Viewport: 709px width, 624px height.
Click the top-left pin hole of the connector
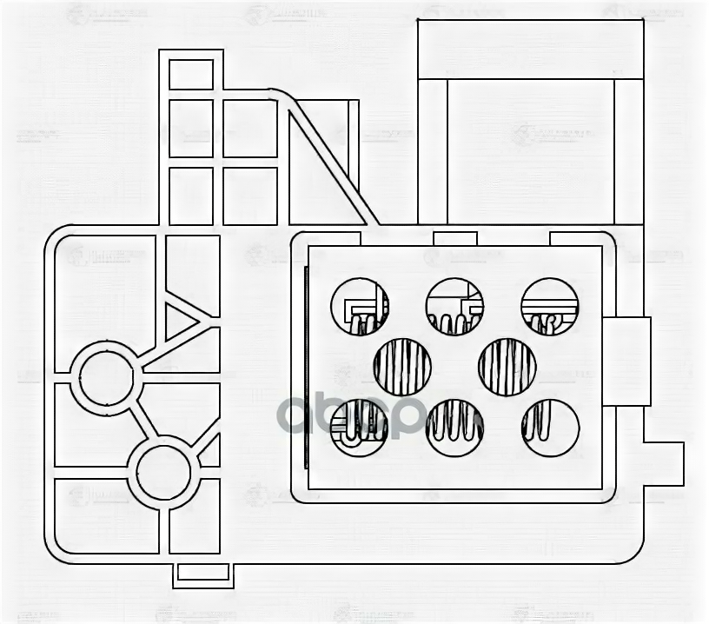tap(359, 307)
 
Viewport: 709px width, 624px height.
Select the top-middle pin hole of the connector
tap(454, 307)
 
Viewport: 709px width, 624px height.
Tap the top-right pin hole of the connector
tap(550, 307)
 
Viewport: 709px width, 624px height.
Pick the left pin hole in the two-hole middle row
tap(402, 367)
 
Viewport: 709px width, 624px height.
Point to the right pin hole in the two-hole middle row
tap(507, 367)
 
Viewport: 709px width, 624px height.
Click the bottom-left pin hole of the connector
tap(359, 428)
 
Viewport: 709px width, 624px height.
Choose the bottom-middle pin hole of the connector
tap(454, 428)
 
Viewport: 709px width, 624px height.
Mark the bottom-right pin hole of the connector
tap(550, 428)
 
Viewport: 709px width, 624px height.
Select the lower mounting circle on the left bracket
tap(163, 472)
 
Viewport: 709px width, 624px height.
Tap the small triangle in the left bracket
tap(179, 320)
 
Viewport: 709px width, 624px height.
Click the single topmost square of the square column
tap(191, 74)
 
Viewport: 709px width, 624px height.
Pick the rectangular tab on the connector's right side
tap(626, 361)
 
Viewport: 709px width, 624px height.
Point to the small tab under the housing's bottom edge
tap(202, 572)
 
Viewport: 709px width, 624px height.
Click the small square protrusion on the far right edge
tap(664, 463)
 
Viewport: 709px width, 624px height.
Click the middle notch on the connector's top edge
tap(454, 238)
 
